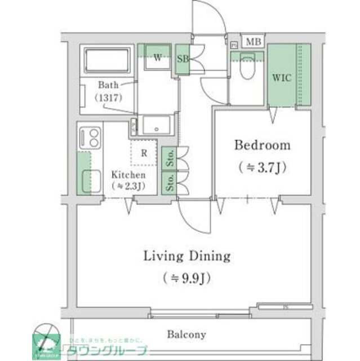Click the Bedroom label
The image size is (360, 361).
click(263, 146)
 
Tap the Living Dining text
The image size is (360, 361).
click(187, 256)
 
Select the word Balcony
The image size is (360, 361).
click(186, 334)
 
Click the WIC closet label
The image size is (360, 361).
click(282, 78)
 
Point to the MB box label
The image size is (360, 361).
click(254, 42)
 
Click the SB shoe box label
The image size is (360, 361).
click(183, 59)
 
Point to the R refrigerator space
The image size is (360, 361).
click(144, 152)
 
